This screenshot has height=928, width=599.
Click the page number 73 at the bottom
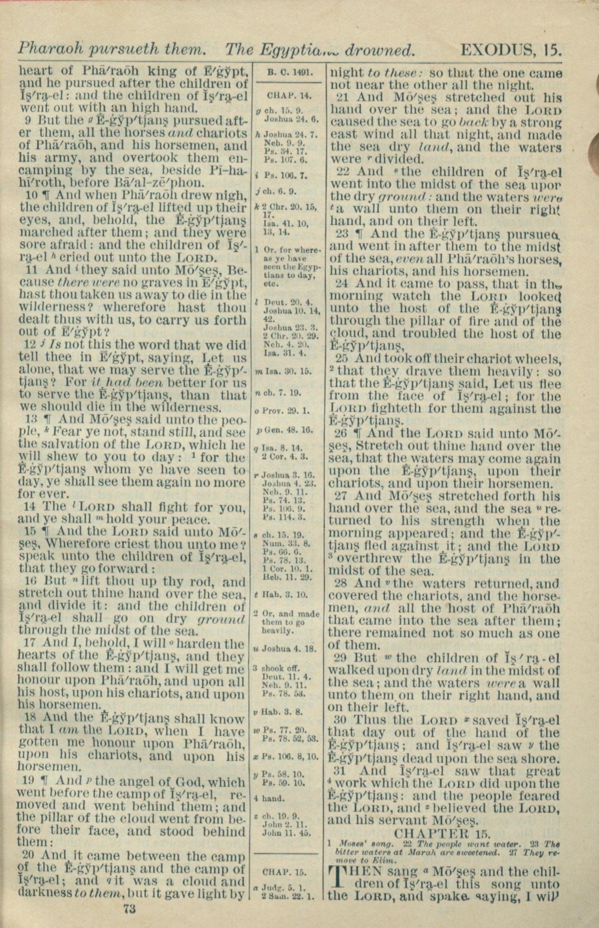click(x=130, y=908)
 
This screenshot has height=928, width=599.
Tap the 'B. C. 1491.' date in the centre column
click(x=290, y=73)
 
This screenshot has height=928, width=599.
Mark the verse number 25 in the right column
click(x=342, y=359)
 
